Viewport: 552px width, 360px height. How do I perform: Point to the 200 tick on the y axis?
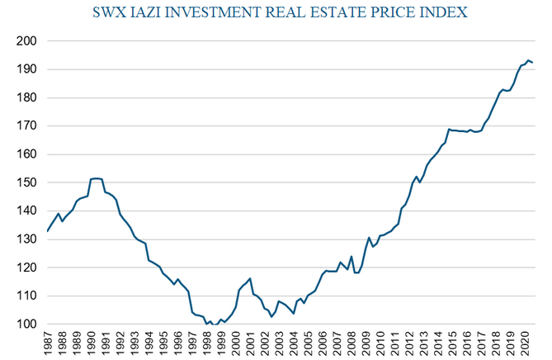coord(26,41)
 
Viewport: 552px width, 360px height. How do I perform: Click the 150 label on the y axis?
coord(26,182)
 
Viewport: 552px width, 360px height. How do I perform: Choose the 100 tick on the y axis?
coord(26,324)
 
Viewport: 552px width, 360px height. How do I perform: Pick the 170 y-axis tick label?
coord(26,126)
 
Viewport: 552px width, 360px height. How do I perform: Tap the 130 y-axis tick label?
coord(26,239)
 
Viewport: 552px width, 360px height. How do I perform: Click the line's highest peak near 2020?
coord(528,60)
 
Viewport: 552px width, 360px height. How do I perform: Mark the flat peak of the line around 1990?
coord(96,178)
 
